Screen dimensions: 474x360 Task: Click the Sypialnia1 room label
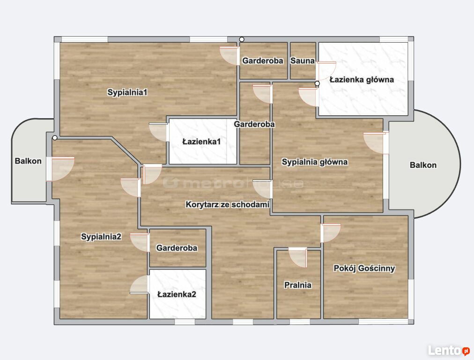[x=127, y=92]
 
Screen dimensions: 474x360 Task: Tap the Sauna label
[x=302, y=60]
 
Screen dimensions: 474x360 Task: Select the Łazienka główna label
[x=362, y=80]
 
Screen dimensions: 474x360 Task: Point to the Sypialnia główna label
[x=315, y=162]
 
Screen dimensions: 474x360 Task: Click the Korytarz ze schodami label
[x=227, y=204]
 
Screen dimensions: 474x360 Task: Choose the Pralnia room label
[x=298, y=285]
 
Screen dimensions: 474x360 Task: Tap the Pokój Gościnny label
[x=364, y=268]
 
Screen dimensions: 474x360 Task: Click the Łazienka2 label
[x=177, y=294]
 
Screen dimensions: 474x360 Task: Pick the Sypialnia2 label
[x=101, y=236]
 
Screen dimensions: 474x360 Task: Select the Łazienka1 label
[x=201, y=141]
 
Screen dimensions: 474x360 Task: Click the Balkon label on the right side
[x=423, y=165]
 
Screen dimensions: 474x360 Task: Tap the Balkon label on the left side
[x=28, y=161]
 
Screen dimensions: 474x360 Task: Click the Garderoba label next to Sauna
[x=263, y=60]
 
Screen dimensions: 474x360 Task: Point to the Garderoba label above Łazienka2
[x=177, y=248]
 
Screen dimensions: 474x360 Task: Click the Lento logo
[x=449, y=350]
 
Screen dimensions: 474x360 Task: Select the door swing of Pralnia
[x=298, y=257]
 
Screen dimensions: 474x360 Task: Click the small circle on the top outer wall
[x=242, y=39]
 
